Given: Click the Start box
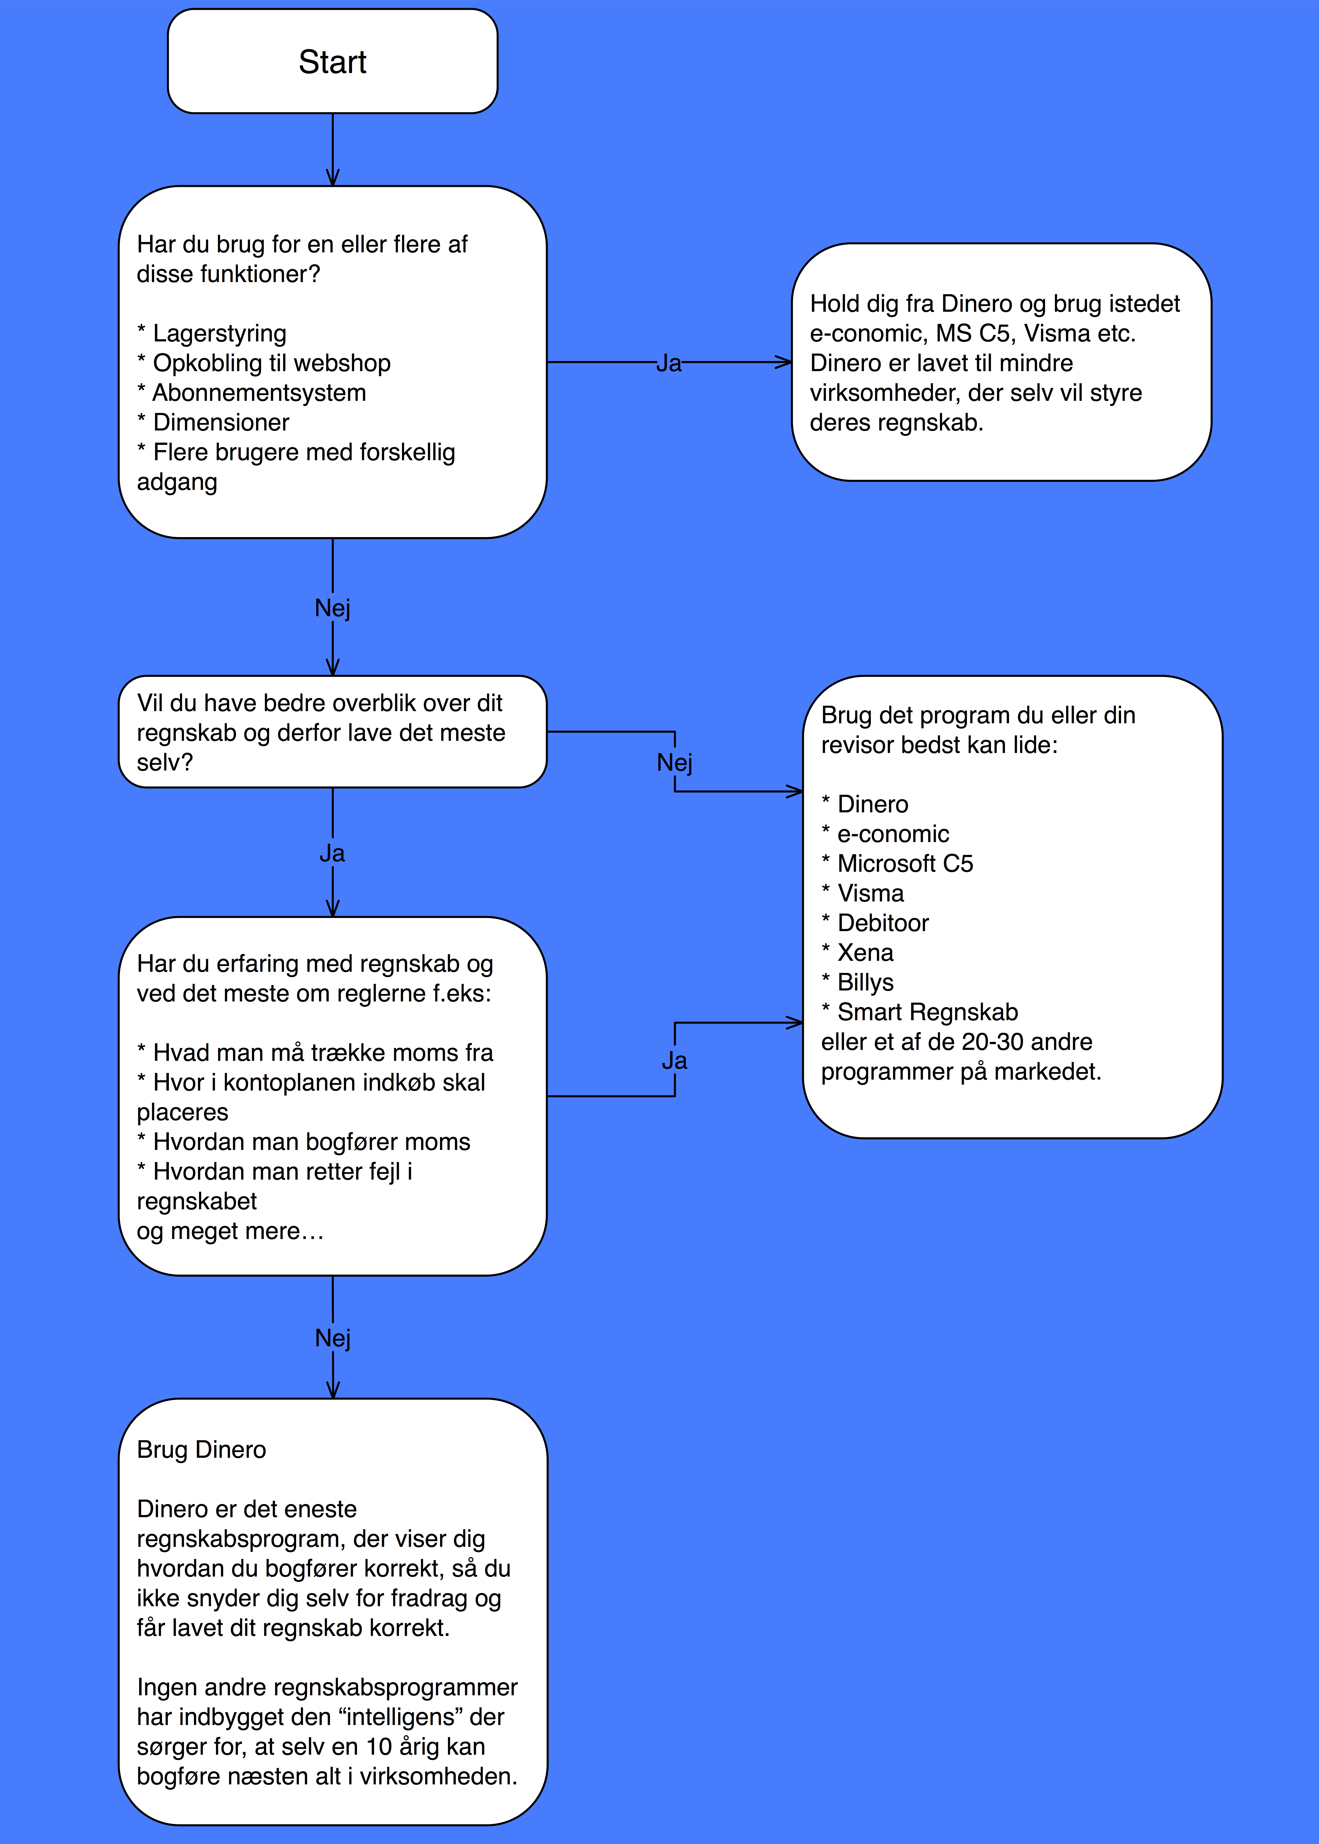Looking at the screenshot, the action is (332, 61).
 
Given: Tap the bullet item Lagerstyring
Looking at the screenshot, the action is (212, 333).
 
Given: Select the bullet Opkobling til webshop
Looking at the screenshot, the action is (264, 363).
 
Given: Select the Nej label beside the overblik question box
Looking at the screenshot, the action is (674, 763).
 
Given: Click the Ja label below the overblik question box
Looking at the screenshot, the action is (332, 853).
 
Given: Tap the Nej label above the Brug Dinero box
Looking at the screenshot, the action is (332, 1338).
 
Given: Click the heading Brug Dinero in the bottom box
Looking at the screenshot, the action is (201, 1450).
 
